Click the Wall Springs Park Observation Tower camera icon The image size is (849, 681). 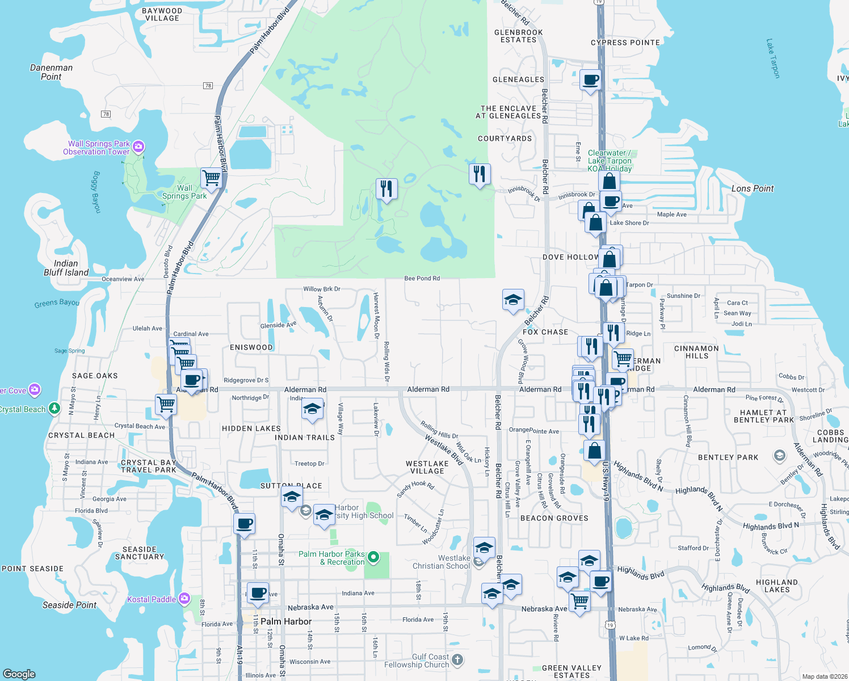tap(138, 148)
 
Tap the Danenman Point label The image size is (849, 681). tap(51, 72)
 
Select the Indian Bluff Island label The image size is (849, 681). tap(66, 268)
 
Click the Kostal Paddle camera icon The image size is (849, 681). tap(184, 599)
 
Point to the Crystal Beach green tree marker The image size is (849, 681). tap(54, 409)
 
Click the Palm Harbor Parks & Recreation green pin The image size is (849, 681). tap(373, 557)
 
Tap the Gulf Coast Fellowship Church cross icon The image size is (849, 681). tap(457, 660)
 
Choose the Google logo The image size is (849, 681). tap(19, 674)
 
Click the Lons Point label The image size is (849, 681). tap(753, 188)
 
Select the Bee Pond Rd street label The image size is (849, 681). tap(422, 278)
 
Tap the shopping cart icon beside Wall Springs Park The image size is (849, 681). tap(211, 178)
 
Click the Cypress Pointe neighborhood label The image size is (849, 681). tap(625, 43)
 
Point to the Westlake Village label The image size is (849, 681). tap(427, 467)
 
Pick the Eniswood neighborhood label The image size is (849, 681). tap(251, 347)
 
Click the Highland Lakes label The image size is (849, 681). tap(776, 586)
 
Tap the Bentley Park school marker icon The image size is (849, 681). tap(780, 456)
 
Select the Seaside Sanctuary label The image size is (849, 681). tap(140, 553)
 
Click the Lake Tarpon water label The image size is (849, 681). tap(773, 58)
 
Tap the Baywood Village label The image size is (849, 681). tap(162, 15)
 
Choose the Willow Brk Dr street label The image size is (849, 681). tap(322, 289)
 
